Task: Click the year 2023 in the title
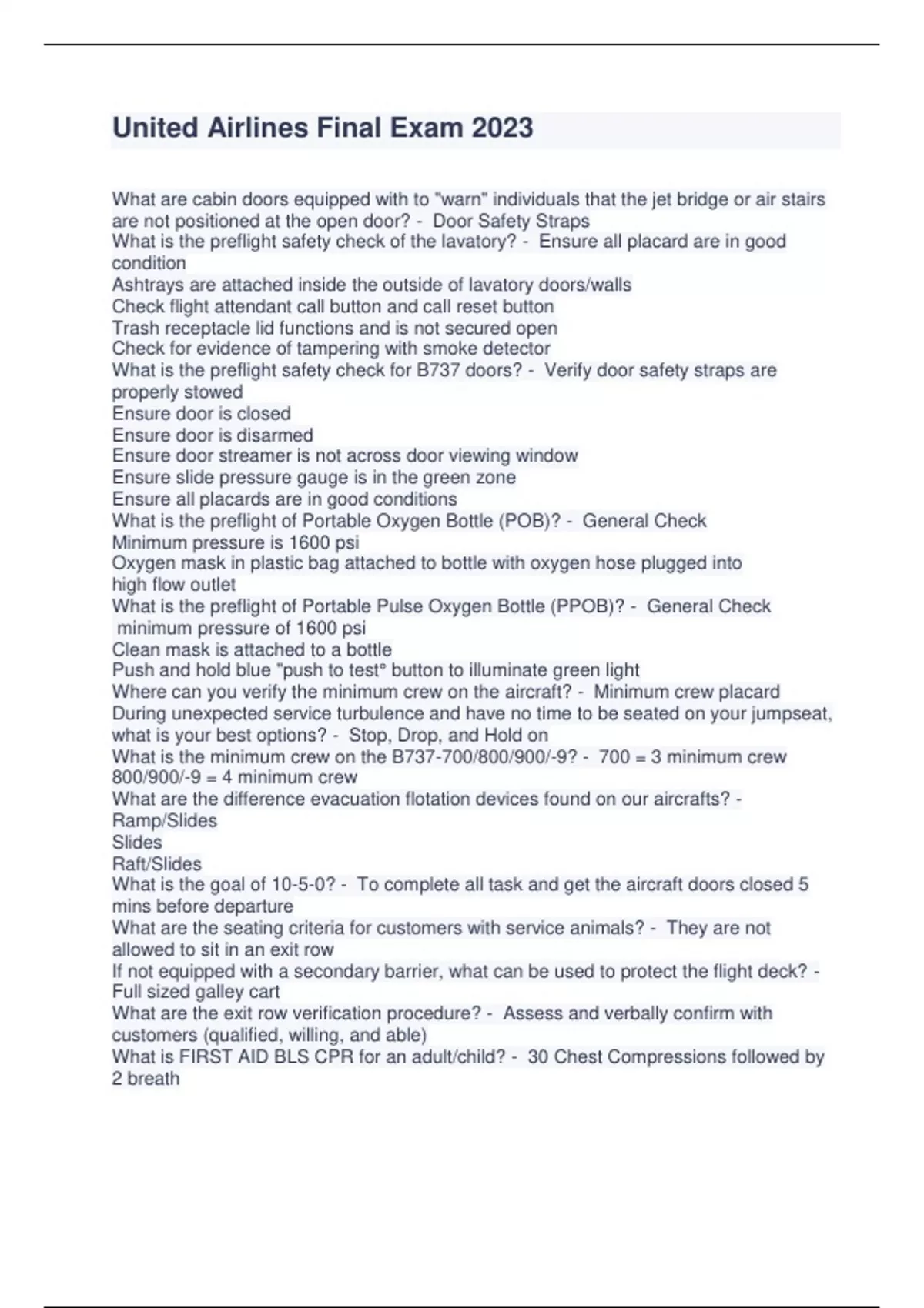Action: pyautogui.click(x=502, y=128)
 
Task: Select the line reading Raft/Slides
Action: pyautogui.click(x=156, y=864)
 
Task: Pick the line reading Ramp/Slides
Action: pyautogui.click(x=164, y=821)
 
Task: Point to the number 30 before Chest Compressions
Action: pyautogui.click(x=537, y=1057)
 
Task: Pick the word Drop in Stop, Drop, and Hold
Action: pyautogui.click(x=416, y=736)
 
